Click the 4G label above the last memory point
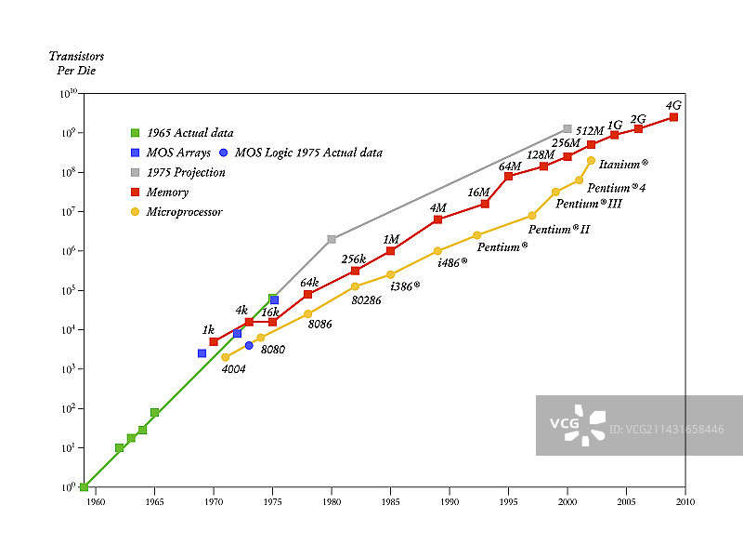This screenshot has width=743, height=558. tap(674, 105)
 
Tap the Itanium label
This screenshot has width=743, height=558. tap(623, 164)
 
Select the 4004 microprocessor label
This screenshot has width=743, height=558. tap(233, 369)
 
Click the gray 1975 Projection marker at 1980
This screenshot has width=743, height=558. tap(332, 239)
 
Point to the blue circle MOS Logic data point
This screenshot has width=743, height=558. tap(249, 345)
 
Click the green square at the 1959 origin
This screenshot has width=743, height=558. tap(84, 486)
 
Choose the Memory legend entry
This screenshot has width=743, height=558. tap(167, 193)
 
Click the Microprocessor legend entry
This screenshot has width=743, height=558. tap(184, 212)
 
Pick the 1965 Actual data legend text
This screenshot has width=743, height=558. tap(189, 133)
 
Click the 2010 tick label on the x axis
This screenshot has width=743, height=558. tap(685, 503)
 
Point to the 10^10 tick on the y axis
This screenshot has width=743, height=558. tap(70, 93)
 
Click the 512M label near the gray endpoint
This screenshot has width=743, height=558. tap(591, 131)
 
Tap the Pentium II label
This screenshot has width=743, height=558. tap(559, 229)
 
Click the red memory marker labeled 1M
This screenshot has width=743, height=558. tap(391, 251)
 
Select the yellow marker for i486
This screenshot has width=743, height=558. tap(437, 251)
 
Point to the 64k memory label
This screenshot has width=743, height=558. tap(309, 282)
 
